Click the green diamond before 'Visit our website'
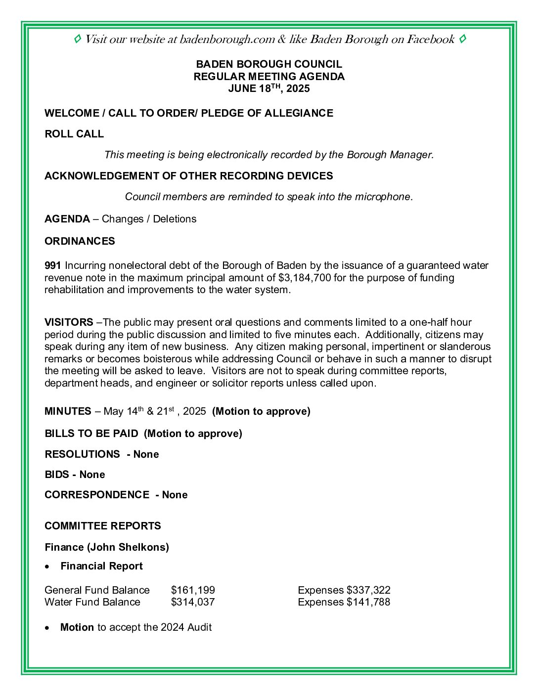pos(78,39)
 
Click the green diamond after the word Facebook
pos(462,39)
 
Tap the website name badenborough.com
pos(227,40)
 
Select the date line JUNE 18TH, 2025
pos(269,88)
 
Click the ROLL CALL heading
pos(74,134)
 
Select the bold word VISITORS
pos(69,322)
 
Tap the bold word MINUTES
pos(68,411)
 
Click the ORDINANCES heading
pos(80,241)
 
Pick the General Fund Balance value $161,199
pos(193,590)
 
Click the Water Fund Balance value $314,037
pos(193,602)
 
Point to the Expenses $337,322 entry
pos(344,590)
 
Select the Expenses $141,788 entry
pos(344,602)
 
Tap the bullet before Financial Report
pos(47,566)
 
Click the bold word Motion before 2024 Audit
pos(77,627)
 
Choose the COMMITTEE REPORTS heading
pos(103,526)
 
